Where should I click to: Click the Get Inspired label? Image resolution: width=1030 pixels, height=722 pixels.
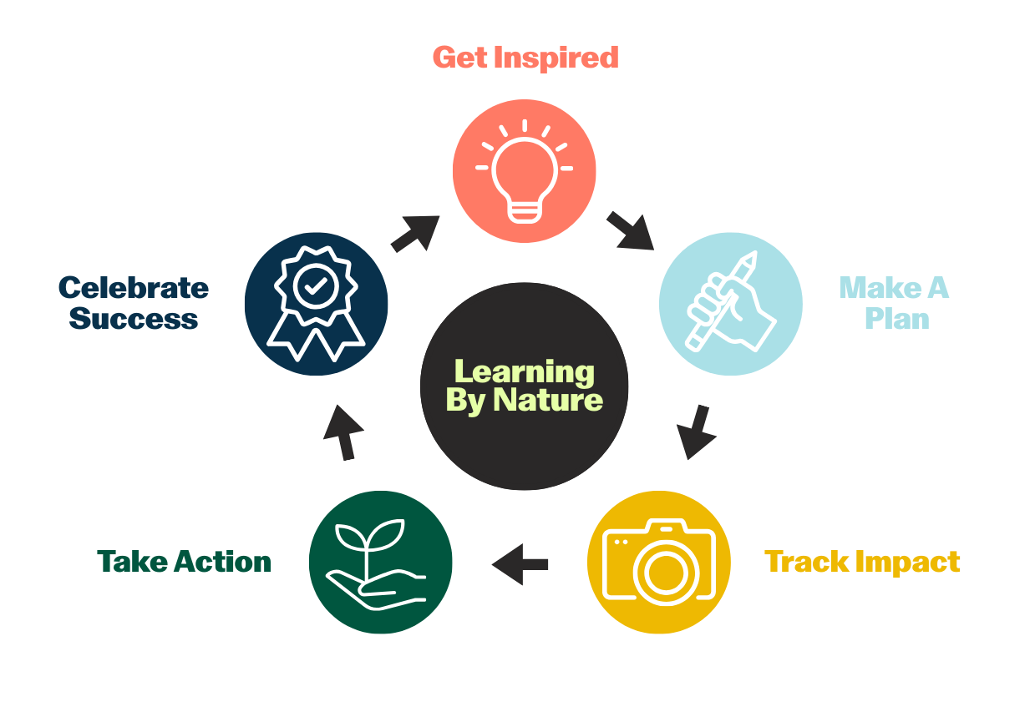[525, 58]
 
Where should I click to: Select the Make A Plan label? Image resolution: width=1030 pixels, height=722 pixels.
[895, 303]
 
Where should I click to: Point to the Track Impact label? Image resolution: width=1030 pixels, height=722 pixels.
[862, 562]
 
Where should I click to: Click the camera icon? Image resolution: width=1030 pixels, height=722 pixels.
[659, 562]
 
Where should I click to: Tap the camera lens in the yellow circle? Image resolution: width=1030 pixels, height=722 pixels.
[666, 571]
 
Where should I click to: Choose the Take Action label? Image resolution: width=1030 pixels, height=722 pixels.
[185, 562]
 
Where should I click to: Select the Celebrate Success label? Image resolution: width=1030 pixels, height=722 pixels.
[134, 303]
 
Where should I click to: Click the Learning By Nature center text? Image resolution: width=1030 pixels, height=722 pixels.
[524, 386]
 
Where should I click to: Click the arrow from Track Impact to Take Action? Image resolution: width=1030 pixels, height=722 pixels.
[520, 564]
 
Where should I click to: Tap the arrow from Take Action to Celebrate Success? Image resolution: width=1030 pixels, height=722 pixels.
[342, 432]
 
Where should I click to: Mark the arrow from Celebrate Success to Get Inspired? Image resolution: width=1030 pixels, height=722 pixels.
[415, 233]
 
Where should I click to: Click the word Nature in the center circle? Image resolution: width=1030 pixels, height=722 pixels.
[548, 401]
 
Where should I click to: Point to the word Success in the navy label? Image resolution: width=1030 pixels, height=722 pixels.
[134, 319]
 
